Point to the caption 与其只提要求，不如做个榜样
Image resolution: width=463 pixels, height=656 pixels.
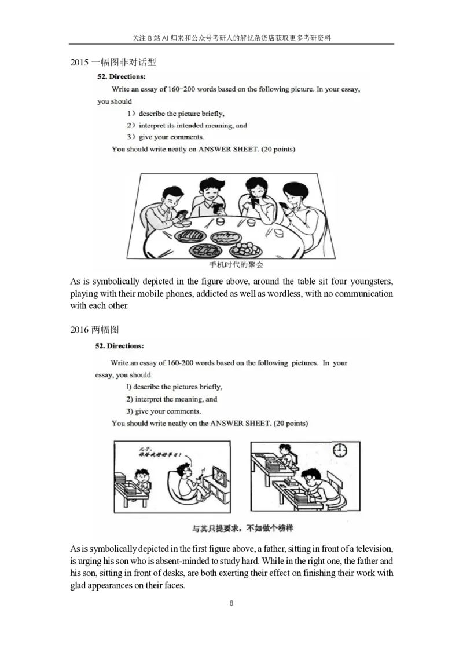242,529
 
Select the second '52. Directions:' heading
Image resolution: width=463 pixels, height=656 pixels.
119,346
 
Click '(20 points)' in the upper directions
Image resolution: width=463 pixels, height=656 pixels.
278,149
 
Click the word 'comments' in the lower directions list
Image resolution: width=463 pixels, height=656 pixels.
183,411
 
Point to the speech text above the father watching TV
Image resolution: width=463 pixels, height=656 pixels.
160,451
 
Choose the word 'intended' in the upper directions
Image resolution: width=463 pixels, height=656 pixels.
194,125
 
